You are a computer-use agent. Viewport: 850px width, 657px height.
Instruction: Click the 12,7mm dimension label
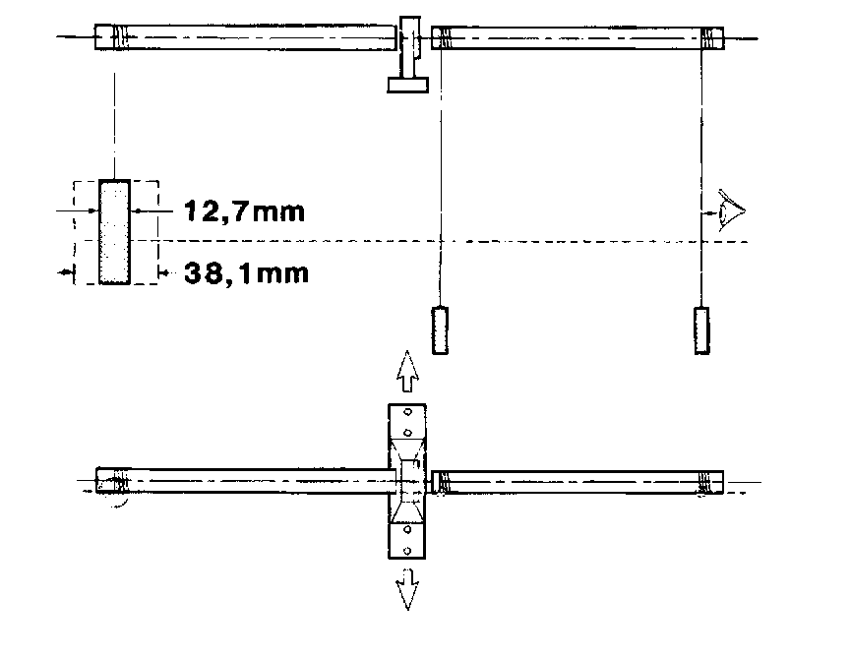point(245,211)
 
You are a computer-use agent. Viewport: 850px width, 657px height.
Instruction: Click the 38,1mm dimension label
point(247,272)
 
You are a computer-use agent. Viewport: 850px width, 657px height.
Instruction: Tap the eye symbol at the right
point(731,210)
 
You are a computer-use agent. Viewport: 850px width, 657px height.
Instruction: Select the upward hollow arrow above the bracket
point(407,372)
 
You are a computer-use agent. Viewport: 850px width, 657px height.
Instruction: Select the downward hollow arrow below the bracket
point(407,590)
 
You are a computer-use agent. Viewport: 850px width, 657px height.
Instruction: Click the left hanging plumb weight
point(440,330)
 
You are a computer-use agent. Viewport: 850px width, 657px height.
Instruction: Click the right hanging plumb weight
point(702,330)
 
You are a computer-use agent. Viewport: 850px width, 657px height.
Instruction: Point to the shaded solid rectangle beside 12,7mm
point(114,232)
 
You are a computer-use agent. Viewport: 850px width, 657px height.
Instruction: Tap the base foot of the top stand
point(407,86)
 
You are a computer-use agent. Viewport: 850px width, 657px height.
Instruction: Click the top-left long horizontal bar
point(246,37)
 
